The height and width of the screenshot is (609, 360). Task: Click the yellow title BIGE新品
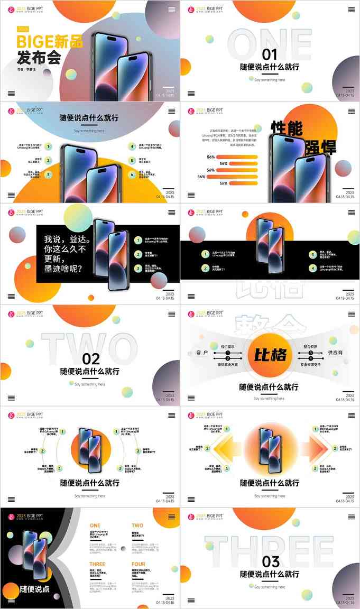point(50,41)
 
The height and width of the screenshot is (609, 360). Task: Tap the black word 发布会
point(39,57)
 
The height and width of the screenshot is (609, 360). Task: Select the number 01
point(270,54)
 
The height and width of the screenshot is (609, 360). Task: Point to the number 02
point(91,359)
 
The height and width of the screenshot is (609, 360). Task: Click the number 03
point(270,561)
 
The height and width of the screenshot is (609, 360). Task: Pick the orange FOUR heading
point(139,564)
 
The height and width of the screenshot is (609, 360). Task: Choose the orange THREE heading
point(97,564)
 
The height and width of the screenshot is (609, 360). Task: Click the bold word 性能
point(289,127)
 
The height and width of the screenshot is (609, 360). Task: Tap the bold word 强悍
point(320,147)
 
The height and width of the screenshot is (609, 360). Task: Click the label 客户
point(202,352)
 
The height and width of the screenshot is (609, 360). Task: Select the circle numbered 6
point(132,175)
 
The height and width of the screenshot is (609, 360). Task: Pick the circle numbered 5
point(132,161)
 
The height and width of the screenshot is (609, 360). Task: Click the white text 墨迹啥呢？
point(63,269)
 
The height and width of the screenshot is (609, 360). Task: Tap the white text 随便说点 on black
point(34,589)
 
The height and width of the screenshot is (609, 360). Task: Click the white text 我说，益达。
point(67,239)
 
